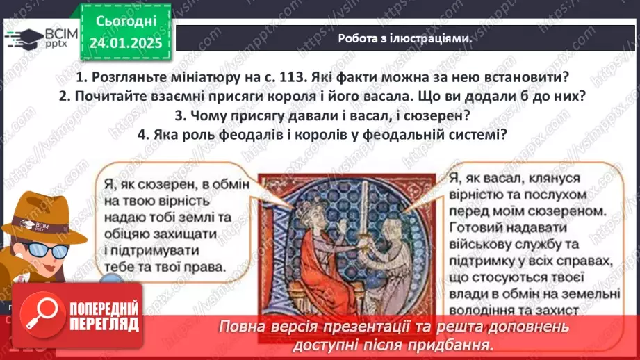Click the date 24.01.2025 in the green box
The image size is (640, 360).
(x=125, y=43)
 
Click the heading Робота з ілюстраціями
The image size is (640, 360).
(x=404, y=39)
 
